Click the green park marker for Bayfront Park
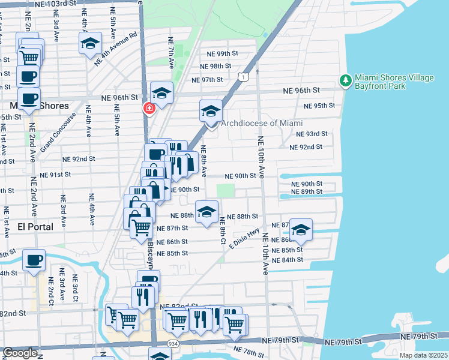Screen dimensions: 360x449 pos(345,80)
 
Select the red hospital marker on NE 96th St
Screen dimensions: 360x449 pos(148,109)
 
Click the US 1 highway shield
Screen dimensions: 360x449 pos(241,77)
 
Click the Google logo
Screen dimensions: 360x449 pos(20,353)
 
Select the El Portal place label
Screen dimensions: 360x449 pos(35,227)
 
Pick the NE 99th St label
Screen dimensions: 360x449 pos(219,54)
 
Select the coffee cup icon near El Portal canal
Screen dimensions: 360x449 pos(34,261)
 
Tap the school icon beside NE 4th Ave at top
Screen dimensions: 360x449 pos(90,43)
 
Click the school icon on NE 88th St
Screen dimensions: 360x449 pos(206,212)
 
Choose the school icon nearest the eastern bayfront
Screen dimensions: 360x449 pos(301,230)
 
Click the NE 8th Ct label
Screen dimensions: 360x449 pos(222,230)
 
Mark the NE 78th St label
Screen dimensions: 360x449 pos(248,350)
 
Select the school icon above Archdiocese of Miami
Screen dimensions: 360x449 pos(211,112)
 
